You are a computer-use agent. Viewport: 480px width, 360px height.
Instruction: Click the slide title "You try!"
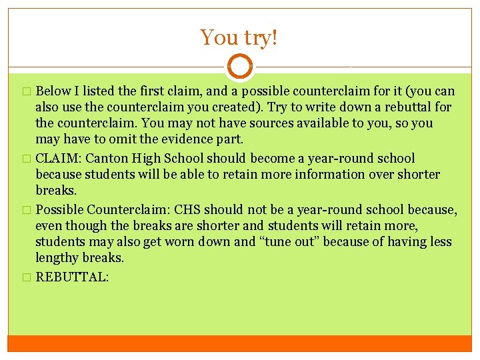(x=239, y=37)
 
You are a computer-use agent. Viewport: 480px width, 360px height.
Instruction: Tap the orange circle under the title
(x=239, y=67)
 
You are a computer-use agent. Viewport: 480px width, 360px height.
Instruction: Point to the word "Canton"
(x=106, y=159)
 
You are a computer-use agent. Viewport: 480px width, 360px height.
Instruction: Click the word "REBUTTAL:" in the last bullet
(x=71, y=277)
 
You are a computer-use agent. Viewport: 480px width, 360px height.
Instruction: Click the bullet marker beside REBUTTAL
(x=27, y=277)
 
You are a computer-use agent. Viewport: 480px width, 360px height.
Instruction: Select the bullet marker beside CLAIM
(x=27, y=159)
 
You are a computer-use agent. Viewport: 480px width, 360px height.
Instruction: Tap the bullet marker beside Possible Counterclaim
(x=27, y=211)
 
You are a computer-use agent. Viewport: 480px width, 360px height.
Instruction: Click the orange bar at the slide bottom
(x=239, y=343)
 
